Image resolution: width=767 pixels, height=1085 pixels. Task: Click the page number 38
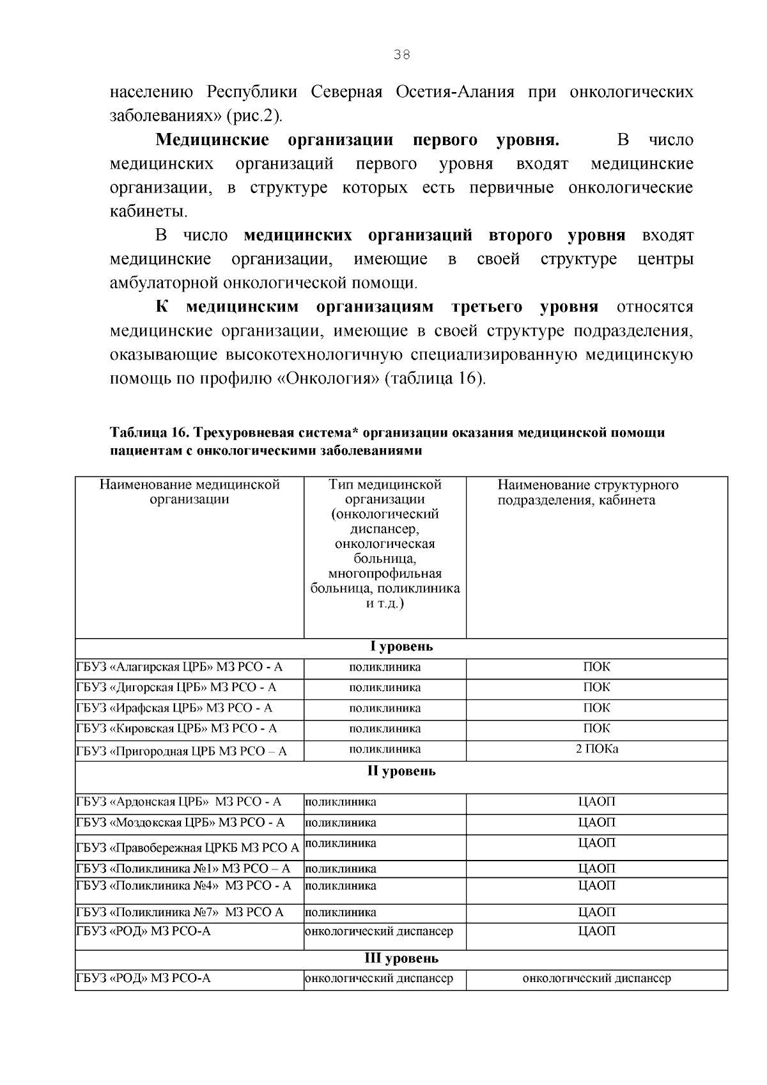tap(401, 55)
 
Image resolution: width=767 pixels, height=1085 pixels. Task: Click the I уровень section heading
tap(401, 646)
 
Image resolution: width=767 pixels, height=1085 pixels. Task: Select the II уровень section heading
tap(401, 771)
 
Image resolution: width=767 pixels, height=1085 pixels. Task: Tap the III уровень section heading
tap(401, 958)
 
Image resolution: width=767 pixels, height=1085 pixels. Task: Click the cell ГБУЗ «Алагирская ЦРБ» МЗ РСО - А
tap(180, 667)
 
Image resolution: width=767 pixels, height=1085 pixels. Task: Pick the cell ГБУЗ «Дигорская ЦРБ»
tap(176, 688)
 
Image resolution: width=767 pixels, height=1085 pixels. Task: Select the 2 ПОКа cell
tap(596, 749)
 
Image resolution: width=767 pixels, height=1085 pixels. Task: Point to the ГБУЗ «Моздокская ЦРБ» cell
tap(181, 823)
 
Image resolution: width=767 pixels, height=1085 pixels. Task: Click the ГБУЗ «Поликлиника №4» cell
tap(183, 886)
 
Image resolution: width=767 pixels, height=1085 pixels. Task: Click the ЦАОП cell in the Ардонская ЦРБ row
tap(596, 802)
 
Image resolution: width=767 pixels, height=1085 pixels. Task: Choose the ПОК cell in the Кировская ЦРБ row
tap(596, 728)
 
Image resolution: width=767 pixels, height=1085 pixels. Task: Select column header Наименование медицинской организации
tap(189, 492)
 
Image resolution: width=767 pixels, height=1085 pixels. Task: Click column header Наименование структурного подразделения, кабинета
tap(587, 492)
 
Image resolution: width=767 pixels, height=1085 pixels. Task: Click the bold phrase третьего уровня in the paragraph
tap(525, 307)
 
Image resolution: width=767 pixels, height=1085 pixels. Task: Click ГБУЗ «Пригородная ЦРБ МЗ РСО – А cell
tap(182, 751)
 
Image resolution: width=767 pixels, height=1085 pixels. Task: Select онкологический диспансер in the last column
tap(596, 979)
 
